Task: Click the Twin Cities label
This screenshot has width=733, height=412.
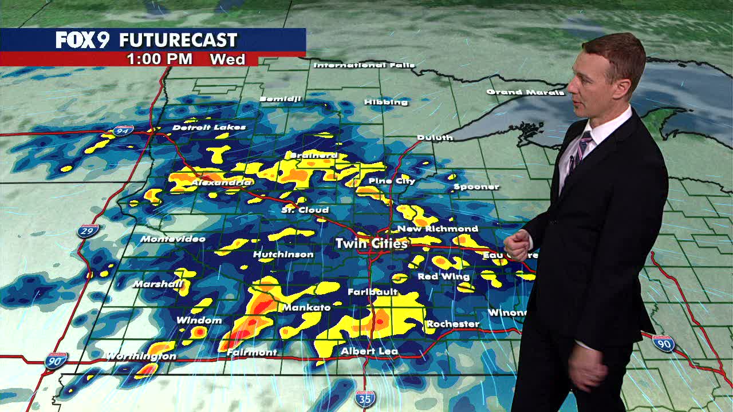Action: [372, 243]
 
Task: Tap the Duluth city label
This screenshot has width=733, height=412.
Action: [435, 137]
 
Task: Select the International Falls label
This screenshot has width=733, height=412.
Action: [364, 65]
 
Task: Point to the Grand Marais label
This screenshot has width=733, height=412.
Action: [525, 92]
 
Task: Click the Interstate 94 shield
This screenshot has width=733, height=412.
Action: [123, 131]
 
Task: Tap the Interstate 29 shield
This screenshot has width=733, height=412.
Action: [88, 231]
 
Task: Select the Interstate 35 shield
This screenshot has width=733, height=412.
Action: [365, 398]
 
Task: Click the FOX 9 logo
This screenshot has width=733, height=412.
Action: [82, 40]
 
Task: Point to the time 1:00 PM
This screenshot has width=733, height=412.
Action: [159, 59]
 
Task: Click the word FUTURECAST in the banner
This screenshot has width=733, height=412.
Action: [178, 40]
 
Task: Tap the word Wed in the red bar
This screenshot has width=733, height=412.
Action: [227, 59]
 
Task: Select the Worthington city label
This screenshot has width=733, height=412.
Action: [141, 356]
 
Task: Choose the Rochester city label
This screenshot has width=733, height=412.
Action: [452, 324]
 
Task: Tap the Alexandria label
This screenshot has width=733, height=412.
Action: [221, 183]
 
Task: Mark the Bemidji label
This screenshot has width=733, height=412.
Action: [280, 99]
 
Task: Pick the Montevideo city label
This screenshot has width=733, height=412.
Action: [172, 239]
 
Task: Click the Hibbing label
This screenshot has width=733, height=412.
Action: [386, 102]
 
